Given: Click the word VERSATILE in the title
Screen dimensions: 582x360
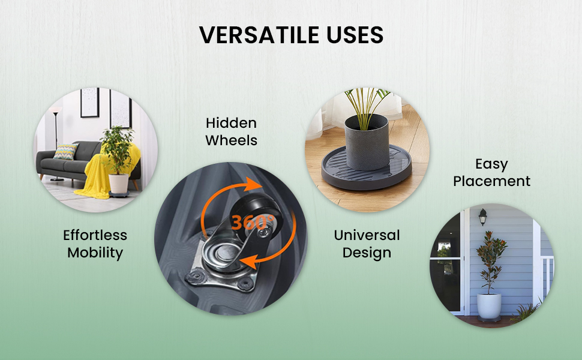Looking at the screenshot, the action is [259, 35].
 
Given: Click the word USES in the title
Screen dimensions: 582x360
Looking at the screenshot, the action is [355, 35].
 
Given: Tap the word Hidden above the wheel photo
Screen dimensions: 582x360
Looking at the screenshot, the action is [231, 123].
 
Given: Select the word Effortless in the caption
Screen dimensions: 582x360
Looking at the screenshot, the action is [95, 235].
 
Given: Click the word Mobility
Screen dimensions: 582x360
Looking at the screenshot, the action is [95, 253].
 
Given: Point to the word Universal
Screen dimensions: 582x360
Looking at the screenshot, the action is [367, 235].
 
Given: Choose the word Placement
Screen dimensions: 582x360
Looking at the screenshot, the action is [491, 181].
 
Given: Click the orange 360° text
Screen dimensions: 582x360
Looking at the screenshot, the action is [253, 223].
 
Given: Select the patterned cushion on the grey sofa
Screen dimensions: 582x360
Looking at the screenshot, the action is [65, 151].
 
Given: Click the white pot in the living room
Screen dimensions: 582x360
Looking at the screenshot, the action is [119, 184].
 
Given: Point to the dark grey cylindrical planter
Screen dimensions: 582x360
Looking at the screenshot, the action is [367, 143].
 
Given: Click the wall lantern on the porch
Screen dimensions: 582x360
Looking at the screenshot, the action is [482, 217].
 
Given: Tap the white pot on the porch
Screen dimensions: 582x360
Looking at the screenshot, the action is [489, 305].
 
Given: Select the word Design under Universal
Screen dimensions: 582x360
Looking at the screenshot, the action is [367, 253].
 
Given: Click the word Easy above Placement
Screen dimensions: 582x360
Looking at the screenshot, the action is [491, 164].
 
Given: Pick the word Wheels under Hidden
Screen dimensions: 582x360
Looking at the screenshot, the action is [231, 140].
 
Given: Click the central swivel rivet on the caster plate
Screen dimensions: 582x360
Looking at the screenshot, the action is [224, 253].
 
